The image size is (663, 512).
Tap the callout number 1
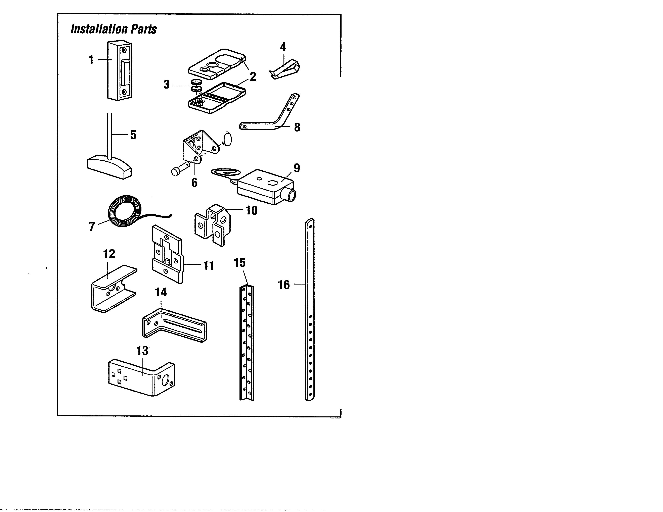[91, 60]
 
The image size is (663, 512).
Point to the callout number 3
[166, 85]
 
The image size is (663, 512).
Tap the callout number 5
[133, 135]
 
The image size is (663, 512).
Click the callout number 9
[297, 168]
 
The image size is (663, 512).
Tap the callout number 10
[251, 210]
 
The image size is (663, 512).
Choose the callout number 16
[284, 285]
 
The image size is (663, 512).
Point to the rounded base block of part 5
[109, 167]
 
